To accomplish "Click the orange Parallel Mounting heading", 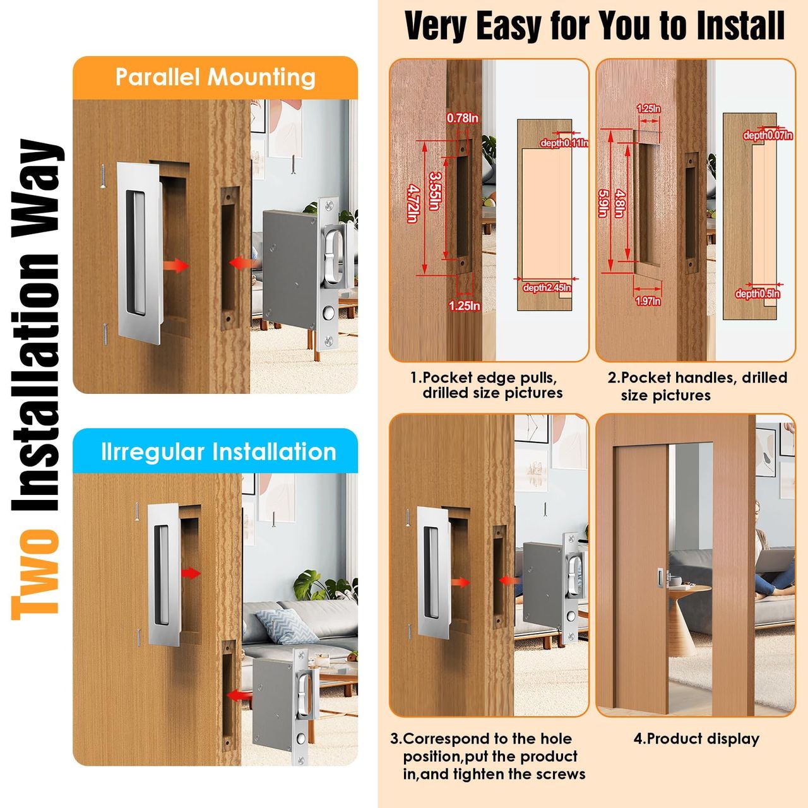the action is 215,78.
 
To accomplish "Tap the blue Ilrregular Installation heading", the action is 218,452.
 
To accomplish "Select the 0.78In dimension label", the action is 462,118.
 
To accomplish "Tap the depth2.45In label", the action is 547,288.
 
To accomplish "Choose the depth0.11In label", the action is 564,143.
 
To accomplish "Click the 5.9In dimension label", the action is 603,203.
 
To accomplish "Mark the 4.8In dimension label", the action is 620,204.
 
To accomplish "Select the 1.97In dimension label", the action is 648,301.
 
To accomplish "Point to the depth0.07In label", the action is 768,135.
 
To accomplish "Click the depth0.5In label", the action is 757,294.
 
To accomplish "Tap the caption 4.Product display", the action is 696,739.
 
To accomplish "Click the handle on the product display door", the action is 660,579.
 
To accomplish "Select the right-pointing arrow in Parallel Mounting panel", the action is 175,265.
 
